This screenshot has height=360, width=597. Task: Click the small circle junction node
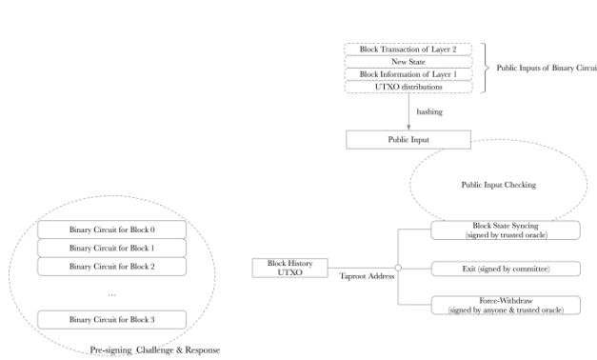click(397, 269)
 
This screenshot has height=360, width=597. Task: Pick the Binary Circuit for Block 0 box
click(111, 230)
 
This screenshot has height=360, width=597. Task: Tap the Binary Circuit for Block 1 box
click(111, 248)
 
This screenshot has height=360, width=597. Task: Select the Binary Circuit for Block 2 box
click(111, 266)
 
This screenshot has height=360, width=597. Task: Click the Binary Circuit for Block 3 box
click(111, 320)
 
